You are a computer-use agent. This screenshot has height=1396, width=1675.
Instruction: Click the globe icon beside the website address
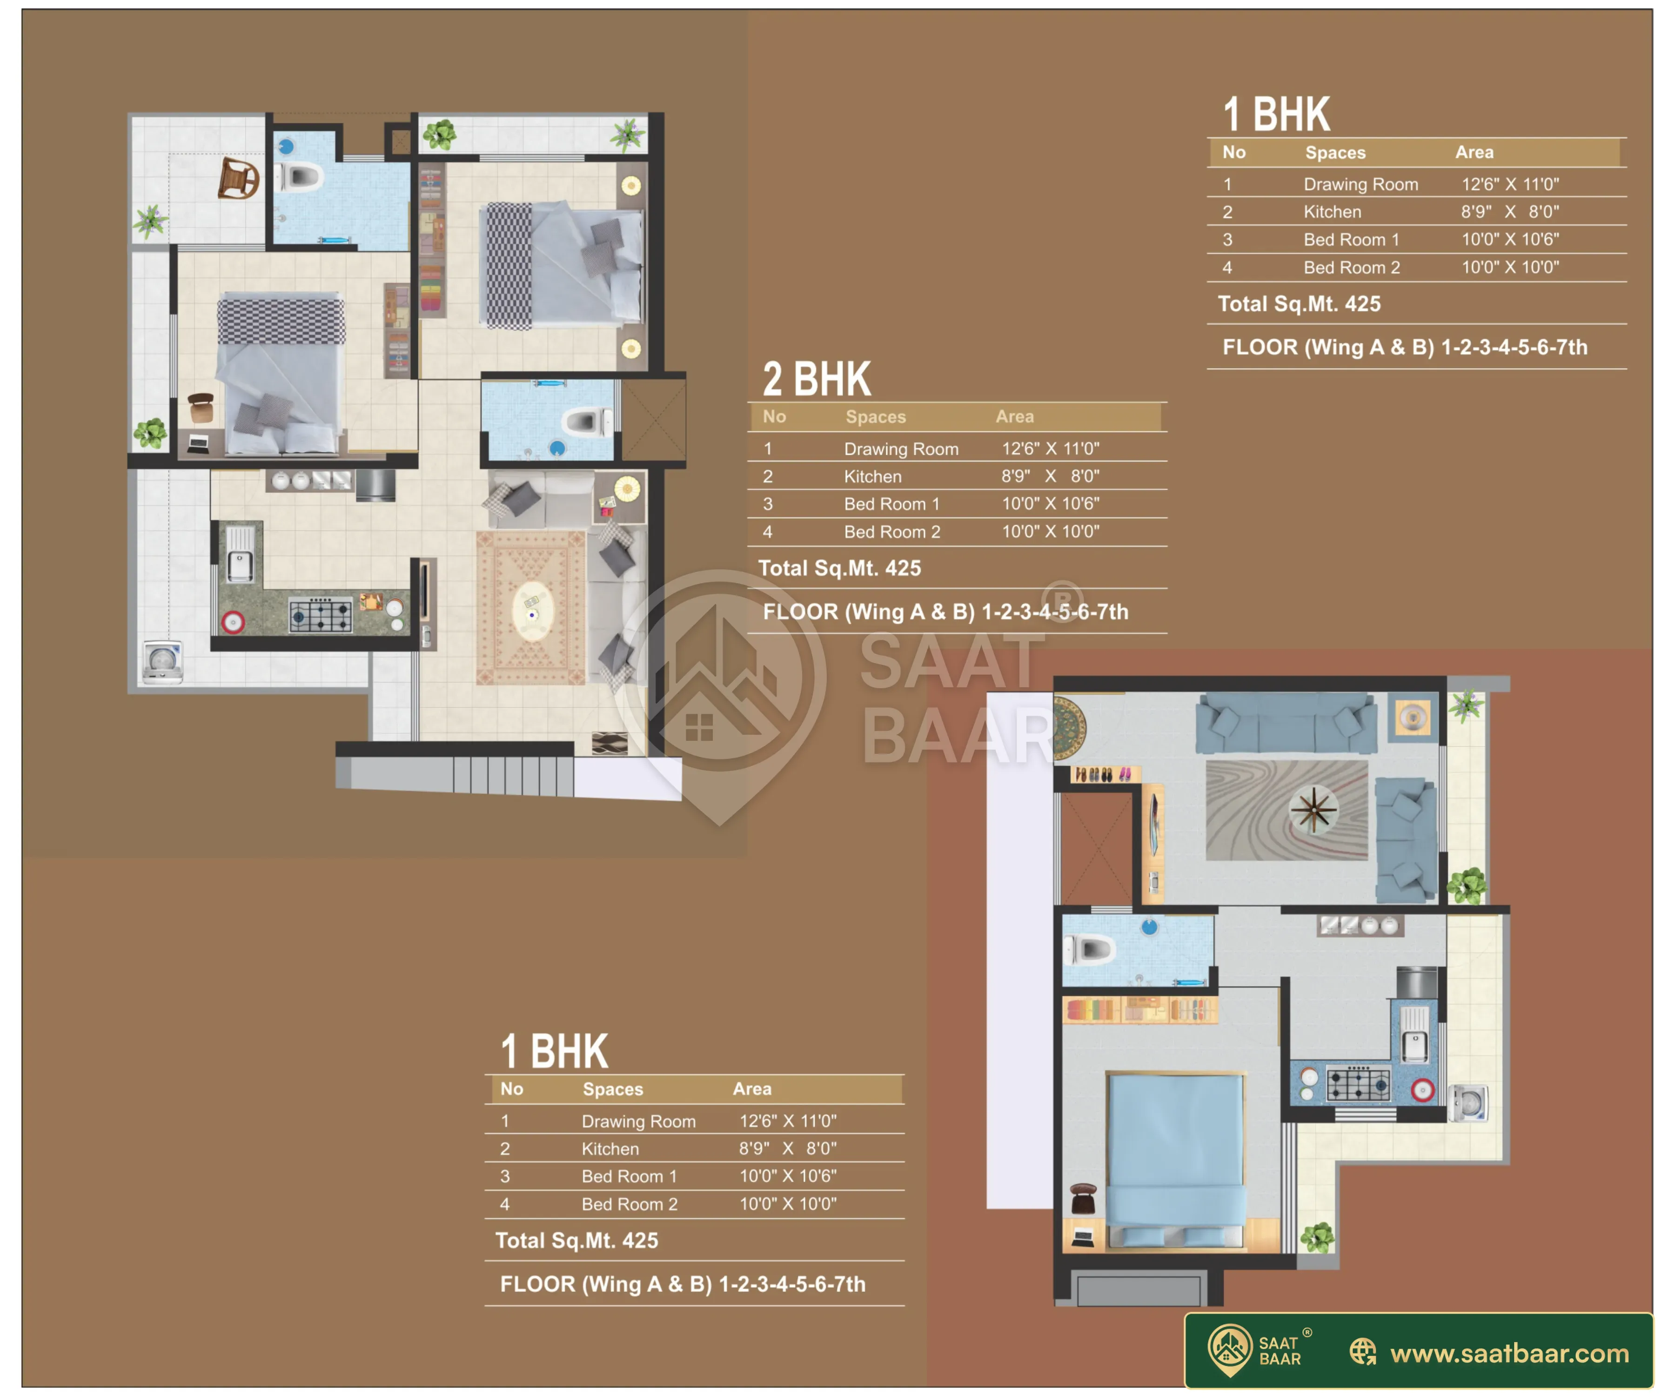click(x=1362, y=1352)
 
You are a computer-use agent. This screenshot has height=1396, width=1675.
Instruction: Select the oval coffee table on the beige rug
click(x=532, y=611)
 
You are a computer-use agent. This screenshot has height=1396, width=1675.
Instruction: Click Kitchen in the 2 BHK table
click(x=872, y=476)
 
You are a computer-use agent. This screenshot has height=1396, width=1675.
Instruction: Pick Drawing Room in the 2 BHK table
click(x=901, y=449)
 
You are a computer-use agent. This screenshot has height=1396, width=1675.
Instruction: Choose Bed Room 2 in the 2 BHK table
click(x=892, y=532)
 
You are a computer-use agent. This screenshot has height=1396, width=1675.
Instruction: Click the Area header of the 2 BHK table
click(x=1015, y=416)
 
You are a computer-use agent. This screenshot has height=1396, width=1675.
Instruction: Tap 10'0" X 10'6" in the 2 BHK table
click(x=1051, y=504)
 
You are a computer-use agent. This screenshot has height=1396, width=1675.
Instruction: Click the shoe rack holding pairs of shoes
click(x=1104, y=774)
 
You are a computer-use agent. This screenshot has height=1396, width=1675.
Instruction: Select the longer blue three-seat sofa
click(x=1286, y=723)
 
